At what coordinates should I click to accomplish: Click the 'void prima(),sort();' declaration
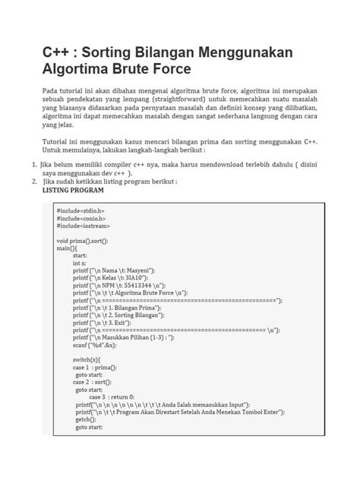tap(82, 241)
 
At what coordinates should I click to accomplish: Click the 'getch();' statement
tap(86, 418)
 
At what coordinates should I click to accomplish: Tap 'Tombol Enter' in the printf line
tap(259, 412)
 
